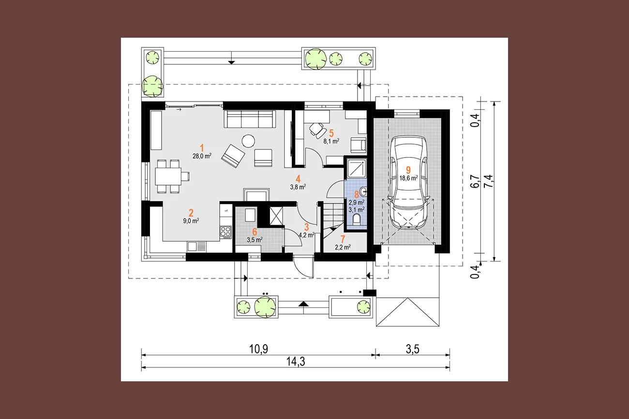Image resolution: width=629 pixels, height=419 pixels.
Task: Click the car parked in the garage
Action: click(408, 183)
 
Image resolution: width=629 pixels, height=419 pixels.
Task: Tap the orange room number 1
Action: click(201, 148)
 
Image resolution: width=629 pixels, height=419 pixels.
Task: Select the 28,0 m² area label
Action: click(202, 156)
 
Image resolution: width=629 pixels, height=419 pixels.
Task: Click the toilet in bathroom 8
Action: click(356, 219)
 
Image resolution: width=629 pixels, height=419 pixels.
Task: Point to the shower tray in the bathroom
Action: click(357, 168)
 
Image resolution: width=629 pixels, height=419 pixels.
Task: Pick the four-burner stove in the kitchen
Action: click(226, 232)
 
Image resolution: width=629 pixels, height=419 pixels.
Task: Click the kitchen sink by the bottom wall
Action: click(196, 246)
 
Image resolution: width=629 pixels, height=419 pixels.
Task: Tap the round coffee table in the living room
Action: click(249, 141)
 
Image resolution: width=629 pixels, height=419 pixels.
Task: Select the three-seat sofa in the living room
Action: click(250, 119)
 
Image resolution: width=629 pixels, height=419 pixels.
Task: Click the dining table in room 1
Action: click(168, 176)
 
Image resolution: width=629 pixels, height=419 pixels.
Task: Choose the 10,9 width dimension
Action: click(259, 349)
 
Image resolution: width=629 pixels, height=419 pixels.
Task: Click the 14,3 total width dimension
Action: click(296, 361)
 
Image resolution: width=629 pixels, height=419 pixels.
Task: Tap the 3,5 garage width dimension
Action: click(413, 349)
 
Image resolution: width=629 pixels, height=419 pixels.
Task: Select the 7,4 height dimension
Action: click(489, 181)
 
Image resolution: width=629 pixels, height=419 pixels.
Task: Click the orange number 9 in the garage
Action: click(408, 170)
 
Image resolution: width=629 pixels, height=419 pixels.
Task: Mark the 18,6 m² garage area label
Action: click(408, 178)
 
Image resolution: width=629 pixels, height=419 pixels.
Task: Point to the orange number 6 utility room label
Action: click(255, 232)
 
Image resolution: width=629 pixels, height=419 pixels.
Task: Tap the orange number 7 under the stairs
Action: click(342, 239)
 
